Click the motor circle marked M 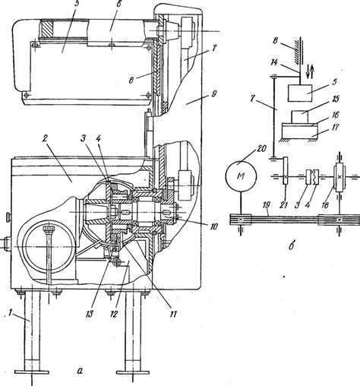pos(241,176)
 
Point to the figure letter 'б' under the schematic pos(292,245)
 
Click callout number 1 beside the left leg pos(11,313)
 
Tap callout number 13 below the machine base pos(90,314)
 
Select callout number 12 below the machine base pos(114,314)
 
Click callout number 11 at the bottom pos(173,314)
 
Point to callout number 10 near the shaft pos(214,226)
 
